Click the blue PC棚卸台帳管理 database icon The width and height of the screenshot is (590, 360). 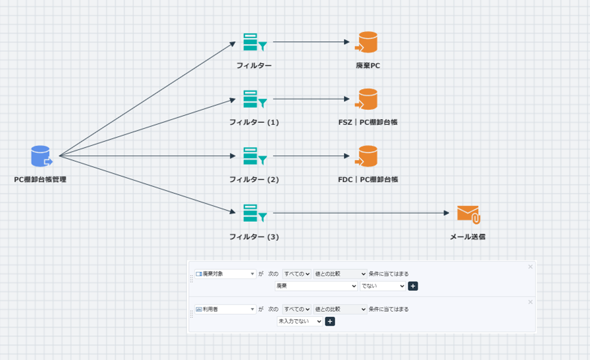pyautogui.click(x=41, y=157)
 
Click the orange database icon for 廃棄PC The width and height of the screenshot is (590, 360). pyautogui.click(x=366, y=42)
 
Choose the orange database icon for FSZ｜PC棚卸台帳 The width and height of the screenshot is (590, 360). pyautogui.click(x=366, y=99)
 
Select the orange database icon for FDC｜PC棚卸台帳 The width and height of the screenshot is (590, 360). pyautogui.click(x=366, y=156)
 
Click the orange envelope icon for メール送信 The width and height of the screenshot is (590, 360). pyautogui.click(x=468, y=214)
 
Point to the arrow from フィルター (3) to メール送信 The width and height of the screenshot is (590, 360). pyautogui.click(x=360, y=213)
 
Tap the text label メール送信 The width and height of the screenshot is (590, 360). pyautogui.click(x=468, y=237)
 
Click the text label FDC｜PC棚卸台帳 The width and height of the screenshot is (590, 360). pyautogui.click(x=368, y=179)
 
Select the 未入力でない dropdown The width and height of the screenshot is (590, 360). pyautogui.click(x=300, y=322)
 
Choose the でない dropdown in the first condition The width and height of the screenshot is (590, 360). pyautogui.click(x=382, y=286)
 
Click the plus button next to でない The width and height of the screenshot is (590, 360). pyautogui.click(x=413, y=286)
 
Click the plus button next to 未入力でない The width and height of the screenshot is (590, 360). pyautogui.click(x=330, y=322)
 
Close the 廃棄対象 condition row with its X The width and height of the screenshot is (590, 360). pyautogui.click(x=530, y=267)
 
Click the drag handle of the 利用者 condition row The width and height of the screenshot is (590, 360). pyautogui.click(x=191, y=314)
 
